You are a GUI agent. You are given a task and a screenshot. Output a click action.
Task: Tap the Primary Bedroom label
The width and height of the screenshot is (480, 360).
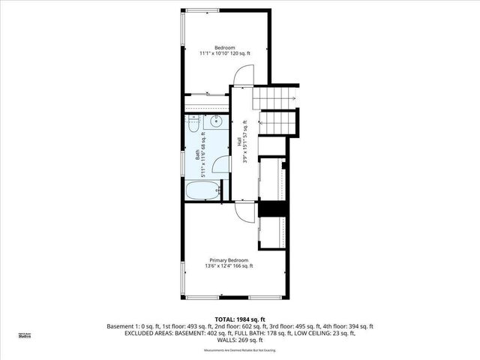tap(229, 259)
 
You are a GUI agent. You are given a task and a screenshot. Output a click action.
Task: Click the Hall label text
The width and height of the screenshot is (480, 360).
tap(239, 140)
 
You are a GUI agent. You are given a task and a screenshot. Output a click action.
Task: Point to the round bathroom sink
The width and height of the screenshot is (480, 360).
tap(217, 122)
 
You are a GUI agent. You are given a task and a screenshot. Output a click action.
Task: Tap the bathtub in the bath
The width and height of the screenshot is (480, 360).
tap(202, 191)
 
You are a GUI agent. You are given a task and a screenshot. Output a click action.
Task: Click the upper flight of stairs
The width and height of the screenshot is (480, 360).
tap(275, 97)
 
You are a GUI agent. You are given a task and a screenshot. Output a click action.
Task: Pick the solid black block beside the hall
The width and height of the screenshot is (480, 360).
tap(271, 209)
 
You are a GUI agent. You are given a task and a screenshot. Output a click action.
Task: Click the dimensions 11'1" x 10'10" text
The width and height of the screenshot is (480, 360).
tap(226, 53)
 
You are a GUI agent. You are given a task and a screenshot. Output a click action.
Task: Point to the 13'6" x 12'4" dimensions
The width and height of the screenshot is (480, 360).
tap(229, 266)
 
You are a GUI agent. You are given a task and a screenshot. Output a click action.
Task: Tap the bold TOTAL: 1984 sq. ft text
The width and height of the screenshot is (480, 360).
tap(240, 319)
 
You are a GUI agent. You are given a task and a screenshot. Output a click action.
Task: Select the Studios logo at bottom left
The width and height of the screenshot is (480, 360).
tap(25, 336)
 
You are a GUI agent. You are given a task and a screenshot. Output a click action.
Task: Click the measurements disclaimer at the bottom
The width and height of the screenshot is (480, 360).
tap(240, 350)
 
